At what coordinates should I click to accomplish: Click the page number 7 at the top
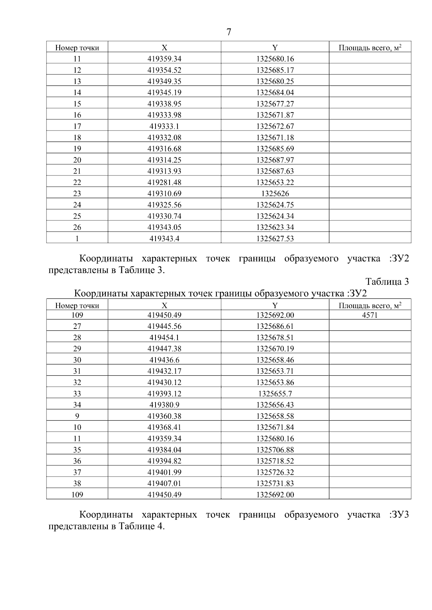click(229, 32)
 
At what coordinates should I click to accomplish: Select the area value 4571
click(370, 315)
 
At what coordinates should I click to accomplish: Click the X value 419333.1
click(164, 126)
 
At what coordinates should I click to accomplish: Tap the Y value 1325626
click(275, 194)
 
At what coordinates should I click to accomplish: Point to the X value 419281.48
click(164, 182)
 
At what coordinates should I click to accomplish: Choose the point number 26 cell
click(77, 227)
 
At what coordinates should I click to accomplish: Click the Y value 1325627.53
click(275, 239)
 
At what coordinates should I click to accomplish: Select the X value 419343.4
click(164, 239)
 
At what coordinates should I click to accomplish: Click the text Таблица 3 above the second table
click(387, 281)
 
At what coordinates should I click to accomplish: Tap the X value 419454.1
click(164, 338)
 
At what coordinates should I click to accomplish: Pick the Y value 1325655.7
click(275, 394)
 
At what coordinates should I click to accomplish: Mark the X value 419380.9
click(164, 405)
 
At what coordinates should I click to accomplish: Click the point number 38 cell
click(77, 483)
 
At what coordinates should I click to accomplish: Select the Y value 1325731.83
click(275, 483)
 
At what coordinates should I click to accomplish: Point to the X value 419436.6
click(164, 360)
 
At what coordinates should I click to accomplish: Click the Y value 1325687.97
click(275, 160)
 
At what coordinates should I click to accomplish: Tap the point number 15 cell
click(77, 104)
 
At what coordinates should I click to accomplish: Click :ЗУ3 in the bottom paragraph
click(399, 515)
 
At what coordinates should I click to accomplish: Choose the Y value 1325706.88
click(275, 450)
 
